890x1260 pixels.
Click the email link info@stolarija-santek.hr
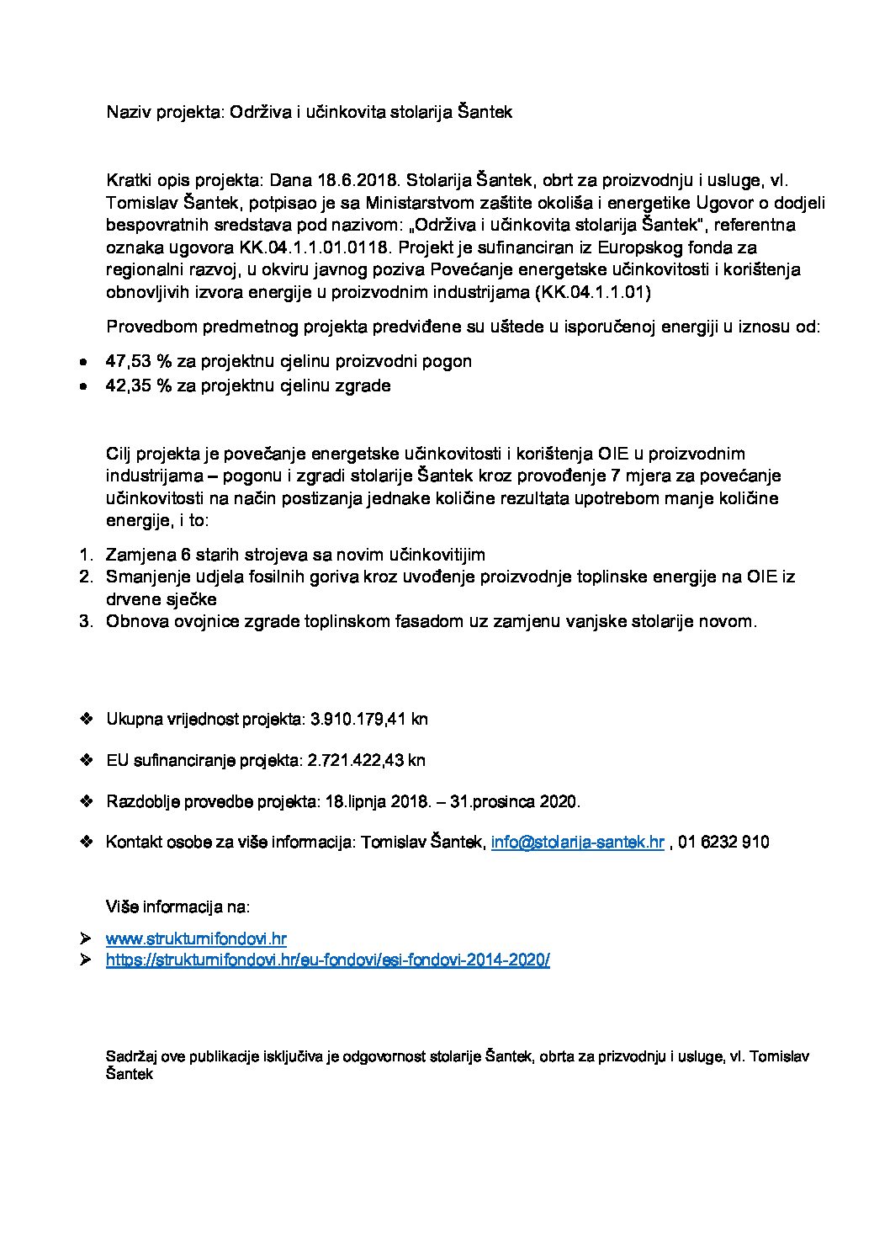point(578,843)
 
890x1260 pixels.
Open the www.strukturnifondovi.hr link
point(197,938)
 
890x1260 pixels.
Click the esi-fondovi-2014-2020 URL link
point(327,960)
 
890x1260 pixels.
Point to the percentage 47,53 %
point(139,361)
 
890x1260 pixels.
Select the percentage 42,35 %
point(139,386)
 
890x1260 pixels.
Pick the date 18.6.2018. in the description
point(362,181)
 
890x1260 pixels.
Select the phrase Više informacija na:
point(177,907)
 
